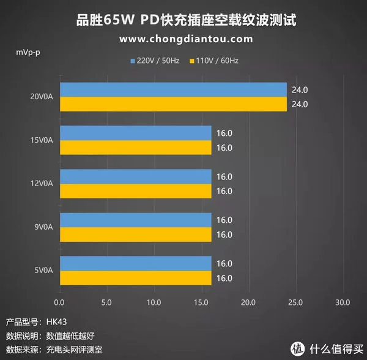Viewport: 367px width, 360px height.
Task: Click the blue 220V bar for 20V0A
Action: coord(173,89)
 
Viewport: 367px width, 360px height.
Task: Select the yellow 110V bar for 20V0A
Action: coord(173,104)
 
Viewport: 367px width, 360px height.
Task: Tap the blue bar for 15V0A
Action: coord(135,133)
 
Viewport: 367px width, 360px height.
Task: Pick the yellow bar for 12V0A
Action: coord(135,191)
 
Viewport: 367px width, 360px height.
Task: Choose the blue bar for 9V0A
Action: coord(135,220)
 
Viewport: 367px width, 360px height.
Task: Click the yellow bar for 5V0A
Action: coord(135,278)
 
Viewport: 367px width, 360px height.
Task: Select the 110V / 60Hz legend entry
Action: coord(215,61)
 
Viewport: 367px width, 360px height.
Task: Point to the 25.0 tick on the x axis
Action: coord(295,302)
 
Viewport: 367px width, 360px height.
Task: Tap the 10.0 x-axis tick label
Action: coord(154,302)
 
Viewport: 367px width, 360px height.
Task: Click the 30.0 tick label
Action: coord(343,302)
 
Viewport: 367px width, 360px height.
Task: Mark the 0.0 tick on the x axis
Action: coord(59,302)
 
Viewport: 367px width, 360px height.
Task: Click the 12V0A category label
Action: coord(42,184)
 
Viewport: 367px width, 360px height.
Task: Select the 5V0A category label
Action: coord(43,271)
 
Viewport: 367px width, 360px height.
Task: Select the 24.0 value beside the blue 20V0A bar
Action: coord(300,89)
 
